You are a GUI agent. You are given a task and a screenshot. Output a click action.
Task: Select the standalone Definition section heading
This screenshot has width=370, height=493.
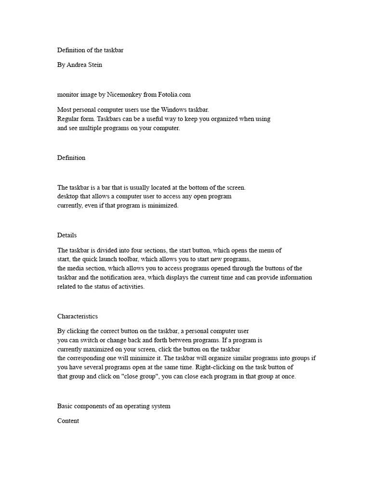point(71,158)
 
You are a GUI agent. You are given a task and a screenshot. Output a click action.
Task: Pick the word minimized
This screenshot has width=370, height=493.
point(163,206)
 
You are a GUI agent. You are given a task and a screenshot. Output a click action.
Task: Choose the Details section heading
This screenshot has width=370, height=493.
point(67,235)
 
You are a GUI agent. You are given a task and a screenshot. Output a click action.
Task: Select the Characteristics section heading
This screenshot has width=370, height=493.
point(78,316)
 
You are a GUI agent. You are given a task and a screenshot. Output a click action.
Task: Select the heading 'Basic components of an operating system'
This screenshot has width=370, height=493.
point(114,406)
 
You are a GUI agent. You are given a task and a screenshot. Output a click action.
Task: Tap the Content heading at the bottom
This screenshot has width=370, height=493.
point(68,421)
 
